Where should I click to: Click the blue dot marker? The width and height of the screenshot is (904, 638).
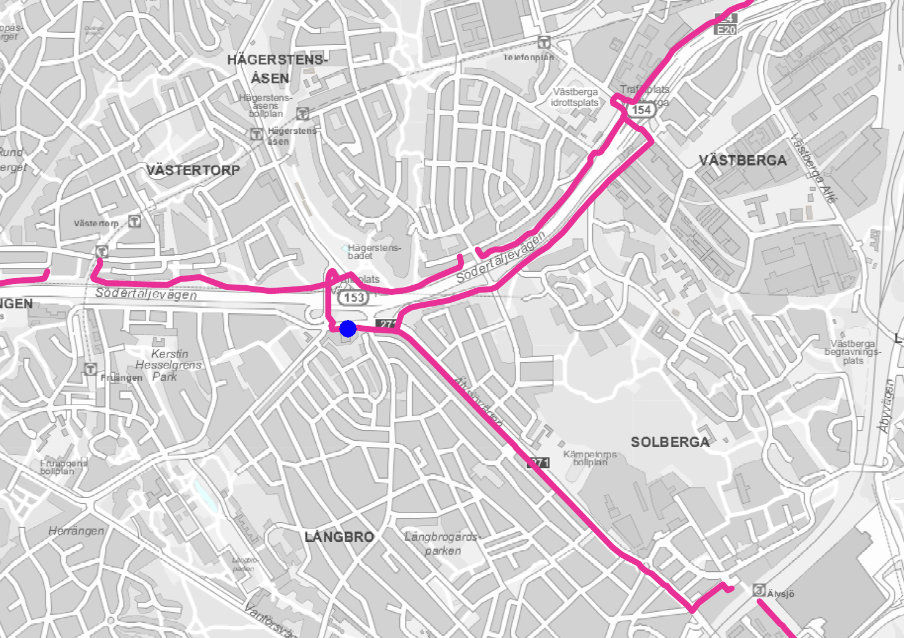pyautogui.click(x=348, y=328)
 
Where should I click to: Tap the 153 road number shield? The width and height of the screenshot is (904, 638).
pyautogui.click(x=354, y=297)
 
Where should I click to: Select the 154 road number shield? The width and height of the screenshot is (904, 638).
pyautogui.click(x=641, y=109)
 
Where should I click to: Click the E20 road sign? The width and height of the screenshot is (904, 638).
pyautogui.click(x=726, y=29)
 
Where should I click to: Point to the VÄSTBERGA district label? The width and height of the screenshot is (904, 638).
pyautogui.click(x=743, y=161)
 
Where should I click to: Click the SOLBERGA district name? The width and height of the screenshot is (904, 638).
pyautogui.click(x=670, y=442)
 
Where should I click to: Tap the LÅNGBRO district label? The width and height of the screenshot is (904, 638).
pyautogui.click(x=339, y=536)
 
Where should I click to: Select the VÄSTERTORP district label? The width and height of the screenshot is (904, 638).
pyautogui.click(x=193, y=170)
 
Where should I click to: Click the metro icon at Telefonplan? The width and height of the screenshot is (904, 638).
pyautogui.click(x=544, y=42)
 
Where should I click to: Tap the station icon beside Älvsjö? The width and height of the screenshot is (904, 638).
pyautogui.click(x=759, y=590)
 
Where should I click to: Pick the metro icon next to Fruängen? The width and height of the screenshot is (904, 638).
pyautogui.click(x=90, y=369)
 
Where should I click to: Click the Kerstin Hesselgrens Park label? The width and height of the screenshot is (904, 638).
pyautogui.click(x=169, y=365)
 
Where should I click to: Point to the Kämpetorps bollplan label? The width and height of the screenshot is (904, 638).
pyautogui.click(x=590, y=458)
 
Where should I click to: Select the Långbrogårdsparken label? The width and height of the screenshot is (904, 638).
pyautogui.click(x=443, y=544)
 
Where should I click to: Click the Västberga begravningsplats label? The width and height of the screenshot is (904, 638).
pyautogui.click(x=852, y=352)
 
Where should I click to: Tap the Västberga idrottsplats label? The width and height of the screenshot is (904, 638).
pyautogui.click(x=575, y=97)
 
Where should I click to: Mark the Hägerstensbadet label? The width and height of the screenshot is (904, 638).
pyautogui.click(x=374, y=252)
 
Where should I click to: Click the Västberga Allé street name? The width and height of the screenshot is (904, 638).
pyautogui.click(x=813, y=168)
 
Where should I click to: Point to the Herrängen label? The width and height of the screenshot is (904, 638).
pyautogui.click(x=76, y=531)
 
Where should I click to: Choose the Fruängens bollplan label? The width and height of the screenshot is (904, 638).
pyautogui.click(x=64, y=467)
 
